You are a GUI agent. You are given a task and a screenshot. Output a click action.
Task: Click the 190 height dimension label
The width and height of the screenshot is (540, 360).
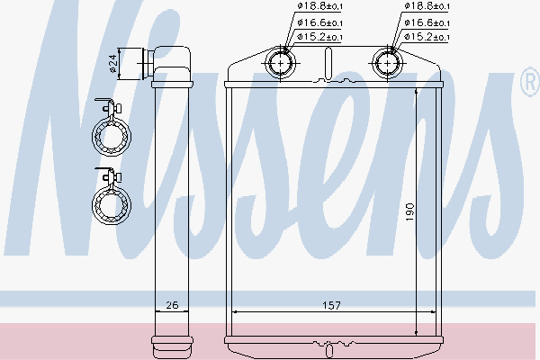409,211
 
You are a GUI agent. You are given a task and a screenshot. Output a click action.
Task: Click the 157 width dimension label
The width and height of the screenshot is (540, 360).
331,305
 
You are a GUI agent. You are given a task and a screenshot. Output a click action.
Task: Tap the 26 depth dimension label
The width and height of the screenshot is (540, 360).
172,305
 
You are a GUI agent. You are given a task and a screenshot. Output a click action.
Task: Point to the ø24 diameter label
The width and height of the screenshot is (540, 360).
113,64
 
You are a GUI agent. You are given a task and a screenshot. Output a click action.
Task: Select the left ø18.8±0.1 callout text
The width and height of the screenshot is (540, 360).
319,6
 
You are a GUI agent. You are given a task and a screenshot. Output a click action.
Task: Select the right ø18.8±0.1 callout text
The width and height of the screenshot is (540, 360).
427,6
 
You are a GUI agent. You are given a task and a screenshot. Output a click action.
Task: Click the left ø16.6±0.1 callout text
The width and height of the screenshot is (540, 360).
319,22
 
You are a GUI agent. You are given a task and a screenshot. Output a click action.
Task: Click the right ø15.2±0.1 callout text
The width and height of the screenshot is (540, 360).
427,37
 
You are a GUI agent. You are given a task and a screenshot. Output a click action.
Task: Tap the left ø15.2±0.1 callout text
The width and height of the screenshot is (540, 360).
319,37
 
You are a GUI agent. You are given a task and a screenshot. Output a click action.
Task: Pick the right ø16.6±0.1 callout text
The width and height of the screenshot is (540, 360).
427,22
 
